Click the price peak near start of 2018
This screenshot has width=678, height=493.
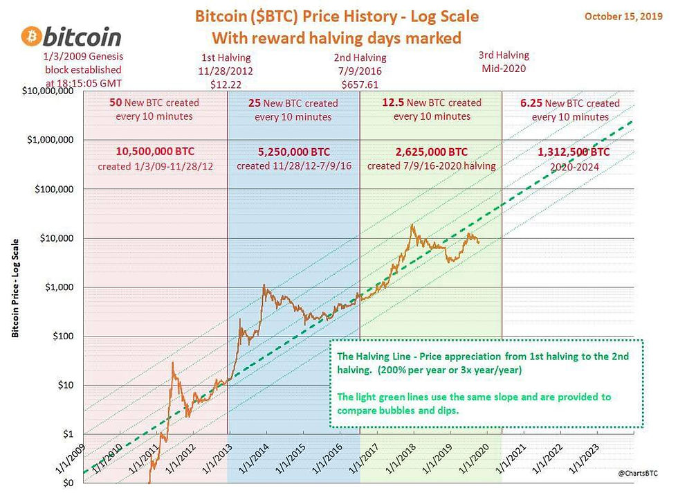[x=413, y=224]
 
